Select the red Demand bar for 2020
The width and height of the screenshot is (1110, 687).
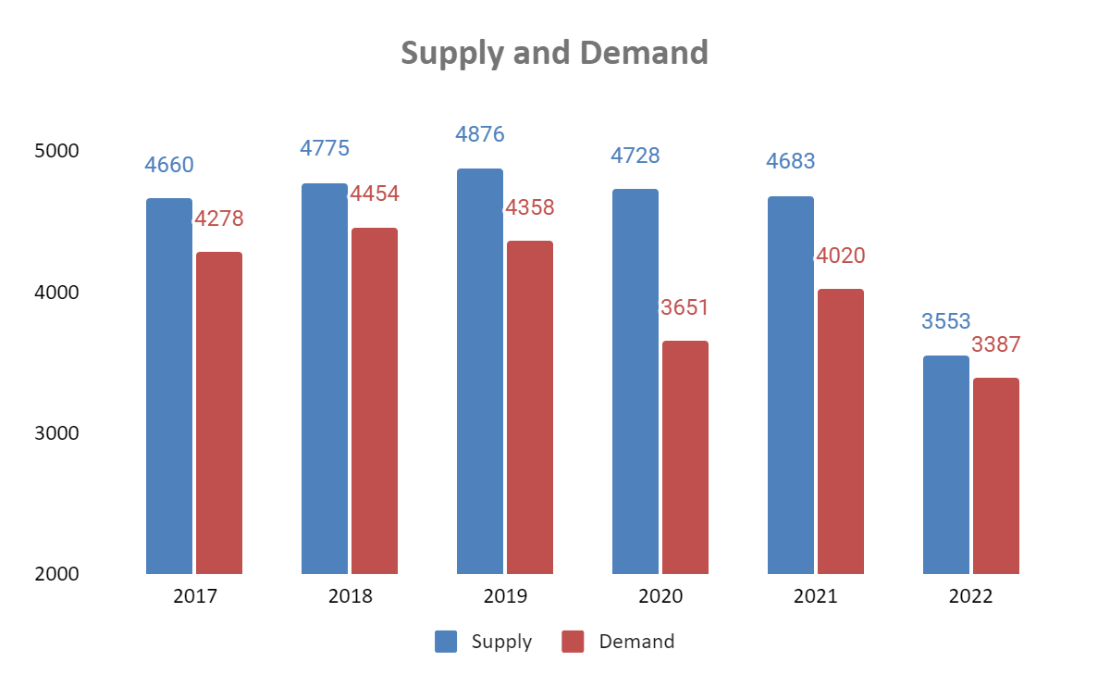point(685,457)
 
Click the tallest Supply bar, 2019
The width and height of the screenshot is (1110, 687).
point(480,371)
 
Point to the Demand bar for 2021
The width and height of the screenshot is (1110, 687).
point(841,431)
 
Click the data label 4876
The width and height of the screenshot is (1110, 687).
point(480,134)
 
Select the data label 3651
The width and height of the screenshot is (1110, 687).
point(684,308)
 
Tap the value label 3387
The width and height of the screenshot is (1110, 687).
point(995,345)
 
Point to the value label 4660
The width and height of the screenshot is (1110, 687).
point(169,166)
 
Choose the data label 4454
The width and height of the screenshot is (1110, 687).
point(374,194)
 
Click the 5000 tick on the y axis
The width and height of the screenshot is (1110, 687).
point(57,150)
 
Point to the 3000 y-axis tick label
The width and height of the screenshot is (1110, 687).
point(57,433)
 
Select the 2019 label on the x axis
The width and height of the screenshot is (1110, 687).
point(505,596)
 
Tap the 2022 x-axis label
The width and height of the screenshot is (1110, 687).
point(970,596)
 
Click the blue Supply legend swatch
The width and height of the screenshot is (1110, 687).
point(446,642)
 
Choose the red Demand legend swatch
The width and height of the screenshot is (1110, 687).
point(573,642)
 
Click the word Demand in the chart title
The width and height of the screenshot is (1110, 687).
point(644,53)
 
